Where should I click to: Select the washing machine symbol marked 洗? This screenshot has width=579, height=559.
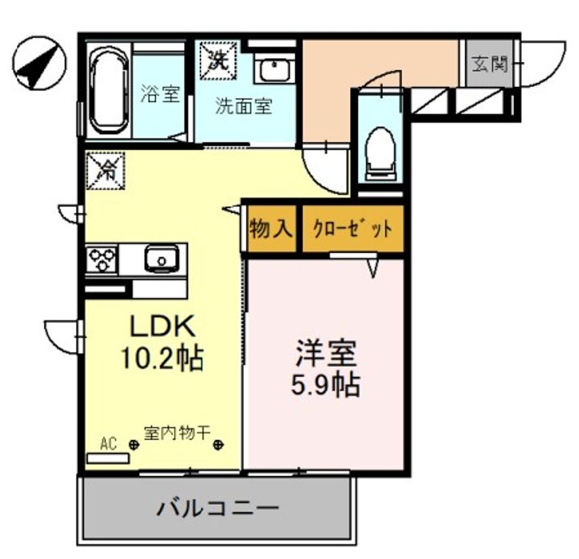tap(217, 56)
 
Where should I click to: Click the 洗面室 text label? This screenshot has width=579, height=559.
tap(242, 106)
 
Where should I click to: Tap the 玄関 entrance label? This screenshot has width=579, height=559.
tap(491, 64)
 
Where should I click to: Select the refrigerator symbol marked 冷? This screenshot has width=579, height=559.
tap(106, 169)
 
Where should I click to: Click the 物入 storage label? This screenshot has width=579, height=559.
tap(270, 229)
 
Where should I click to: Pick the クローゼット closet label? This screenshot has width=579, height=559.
tap(352, 229)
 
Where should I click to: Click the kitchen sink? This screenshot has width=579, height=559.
tap(161, 259)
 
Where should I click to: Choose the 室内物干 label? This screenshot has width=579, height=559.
tap(177, 433)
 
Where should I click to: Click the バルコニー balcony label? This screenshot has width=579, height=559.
tap(217, 508)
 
